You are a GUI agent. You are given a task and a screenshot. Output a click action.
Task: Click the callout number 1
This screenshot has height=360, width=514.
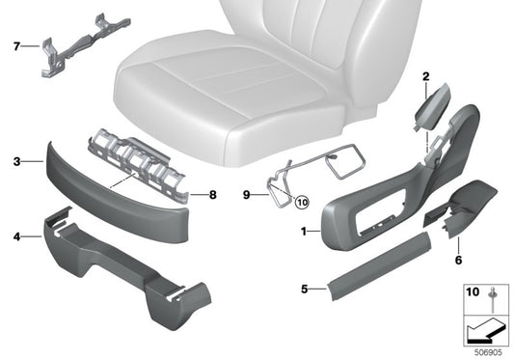click(306, 233)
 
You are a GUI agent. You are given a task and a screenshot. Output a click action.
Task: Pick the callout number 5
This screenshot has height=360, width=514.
click(304, 289)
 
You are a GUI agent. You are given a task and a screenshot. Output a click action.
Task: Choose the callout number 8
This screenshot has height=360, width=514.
click(214, 194)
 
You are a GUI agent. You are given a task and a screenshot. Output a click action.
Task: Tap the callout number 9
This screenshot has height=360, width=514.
click(247, 194)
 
